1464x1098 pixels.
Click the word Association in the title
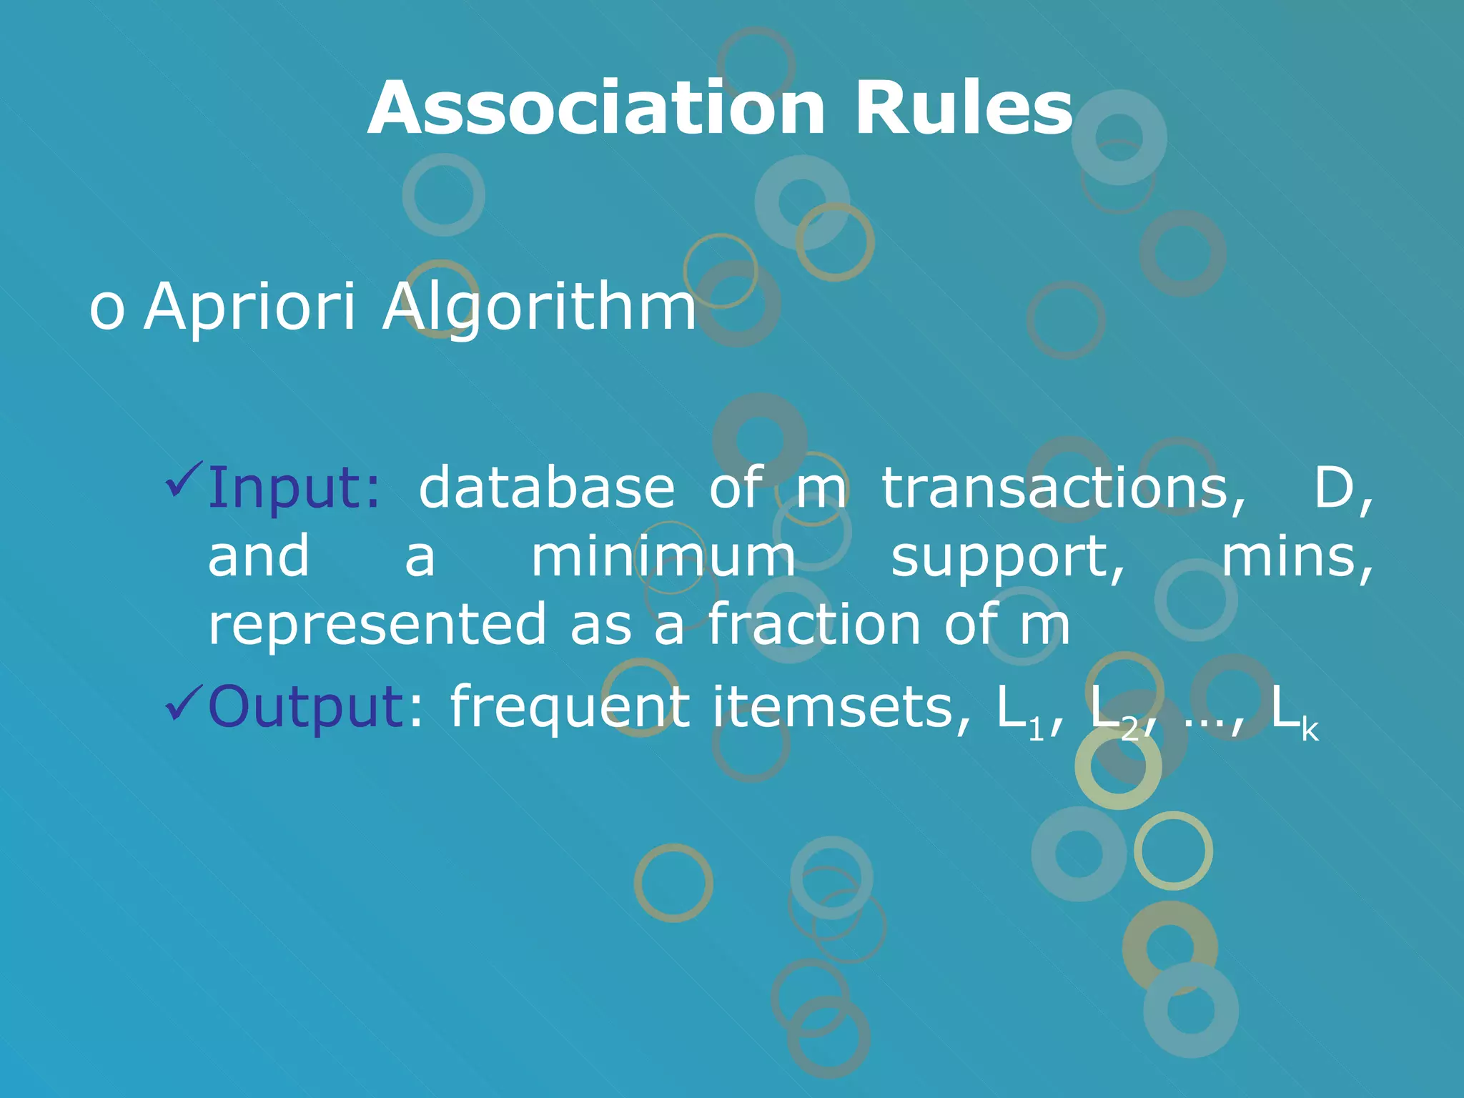[x=596, y=109]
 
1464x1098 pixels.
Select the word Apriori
[x=249, y=307]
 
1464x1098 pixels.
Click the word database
[x=547, y=488]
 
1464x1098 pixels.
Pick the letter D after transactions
[x=1334, y=488]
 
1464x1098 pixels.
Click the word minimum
[x=663, y=557]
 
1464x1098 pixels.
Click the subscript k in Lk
[x=1310, y=731]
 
